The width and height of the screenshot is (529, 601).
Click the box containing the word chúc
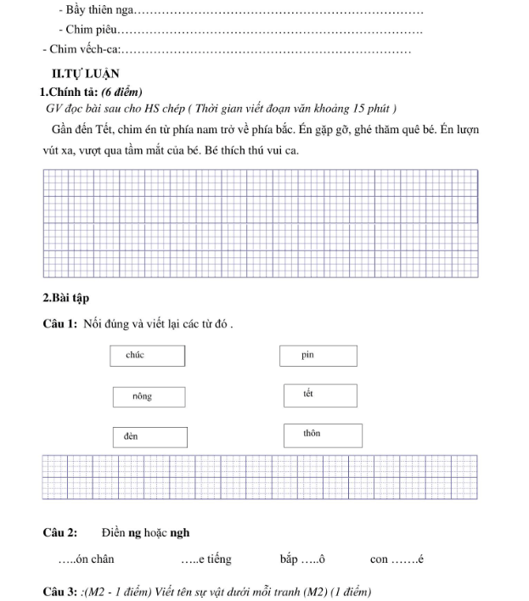coord(147,356)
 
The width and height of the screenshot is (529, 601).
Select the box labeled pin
coord(316,356)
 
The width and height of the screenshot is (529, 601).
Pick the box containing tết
coord(318,396)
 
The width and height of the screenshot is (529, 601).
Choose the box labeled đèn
coord(149,436)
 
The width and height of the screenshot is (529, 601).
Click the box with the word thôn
coord(322,435)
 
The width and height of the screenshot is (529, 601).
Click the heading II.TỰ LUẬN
coord(85,74)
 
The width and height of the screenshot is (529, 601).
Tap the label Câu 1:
coord(61,323)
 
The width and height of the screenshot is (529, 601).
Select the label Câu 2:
coord(60,533)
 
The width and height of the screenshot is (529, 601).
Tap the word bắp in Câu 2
coord(289,559)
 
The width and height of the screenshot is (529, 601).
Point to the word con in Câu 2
coord(379,559)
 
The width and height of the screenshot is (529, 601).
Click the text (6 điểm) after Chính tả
coord(121,92)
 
